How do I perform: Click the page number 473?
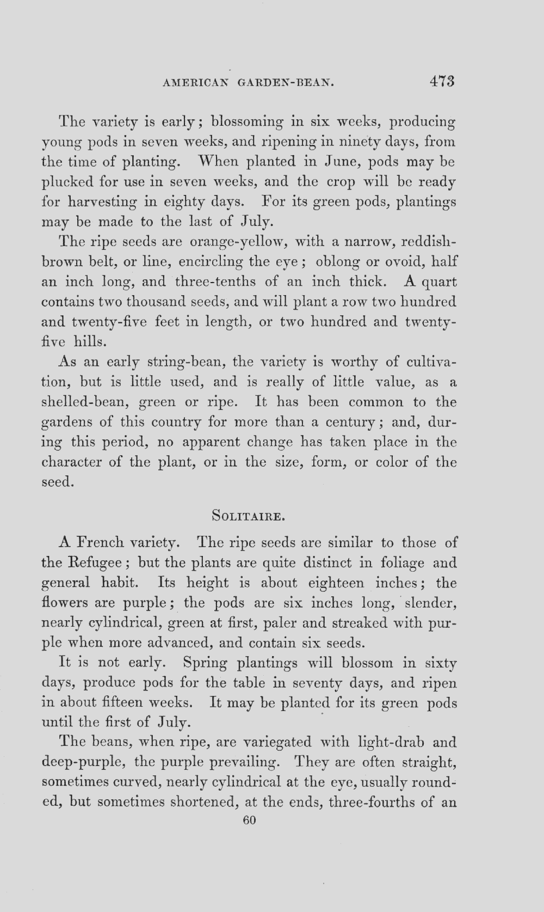pos(441,82)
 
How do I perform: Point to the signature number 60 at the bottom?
pos(250,821)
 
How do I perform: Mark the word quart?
pos(439,283)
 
